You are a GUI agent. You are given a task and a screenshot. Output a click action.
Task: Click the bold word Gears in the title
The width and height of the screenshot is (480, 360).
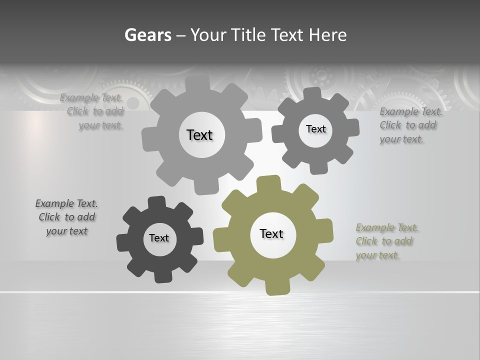click(148, 35)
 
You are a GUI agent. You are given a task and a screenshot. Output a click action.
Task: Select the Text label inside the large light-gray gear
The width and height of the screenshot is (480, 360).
click(199, 135)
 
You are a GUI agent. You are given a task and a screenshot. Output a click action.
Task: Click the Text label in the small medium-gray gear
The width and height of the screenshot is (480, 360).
click(315, 129)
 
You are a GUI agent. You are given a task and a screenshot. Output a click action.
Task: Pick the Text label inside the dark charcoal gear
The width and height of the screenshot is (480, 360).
click(159, 238)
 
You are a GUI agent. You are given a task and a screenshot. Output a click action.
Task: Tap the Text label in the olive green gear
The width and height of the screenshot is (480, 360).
click(271, 233)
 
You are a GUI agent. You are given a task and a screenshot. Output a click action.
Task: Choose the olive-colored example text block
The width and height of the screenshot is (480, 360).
click(387, 241)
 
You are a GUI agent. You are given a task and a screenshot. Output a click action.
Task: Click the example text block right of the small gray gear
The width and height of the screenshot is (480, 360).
click(410, 125)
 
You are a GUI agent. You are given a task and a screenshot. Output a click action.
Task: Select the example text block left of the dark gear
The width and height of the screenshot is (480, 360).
click(66, 217)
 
